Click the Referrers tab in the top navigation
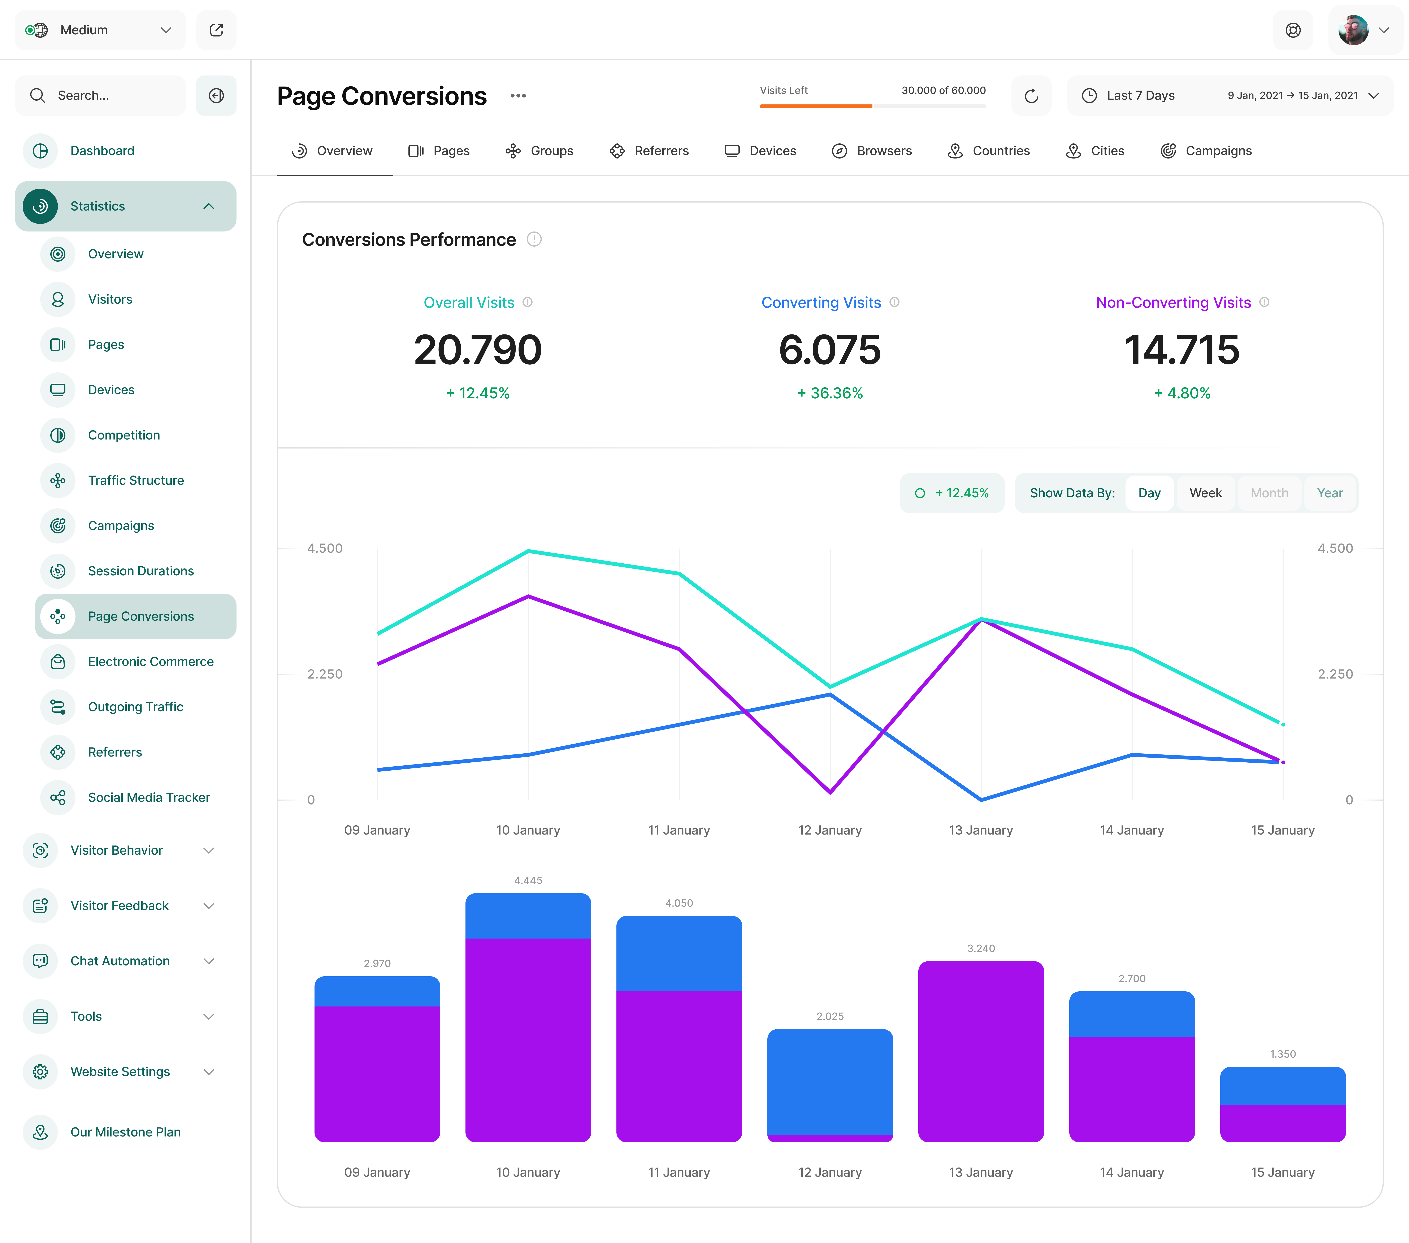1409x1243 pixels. click(649, 151)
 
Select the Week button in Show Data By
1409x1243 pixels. click(1205, 493)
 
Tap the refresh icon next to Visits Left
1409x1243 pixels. click(1031, 96)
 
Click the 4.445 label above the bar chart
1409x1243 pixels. click(528, 880)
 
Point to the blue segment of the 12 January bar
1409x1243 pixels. click(830, 1081)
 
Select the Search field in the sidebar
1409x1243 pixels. click(101, 96)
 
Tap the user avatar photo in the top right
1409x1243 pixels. click(1353, 30)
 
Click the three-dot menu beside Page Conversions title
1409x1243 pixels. click(518, 96)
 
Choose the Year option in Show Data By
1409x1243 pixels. click(1330, 493)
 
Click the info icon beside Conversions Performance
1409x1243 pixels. click(534, 239)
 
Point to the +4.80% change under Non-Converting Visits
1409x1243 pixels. click(1182, 393)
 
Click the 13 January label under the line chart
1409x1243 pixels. click(981, 830)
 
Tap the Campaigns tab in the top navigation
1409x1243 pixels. click(1206, 151)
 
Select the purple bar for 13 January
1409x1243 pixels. click(981, 1051)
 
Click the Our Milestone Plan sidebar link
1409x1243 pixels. click(125, 1132)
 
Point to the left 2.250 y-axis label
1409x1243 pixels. click(325, 674)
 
